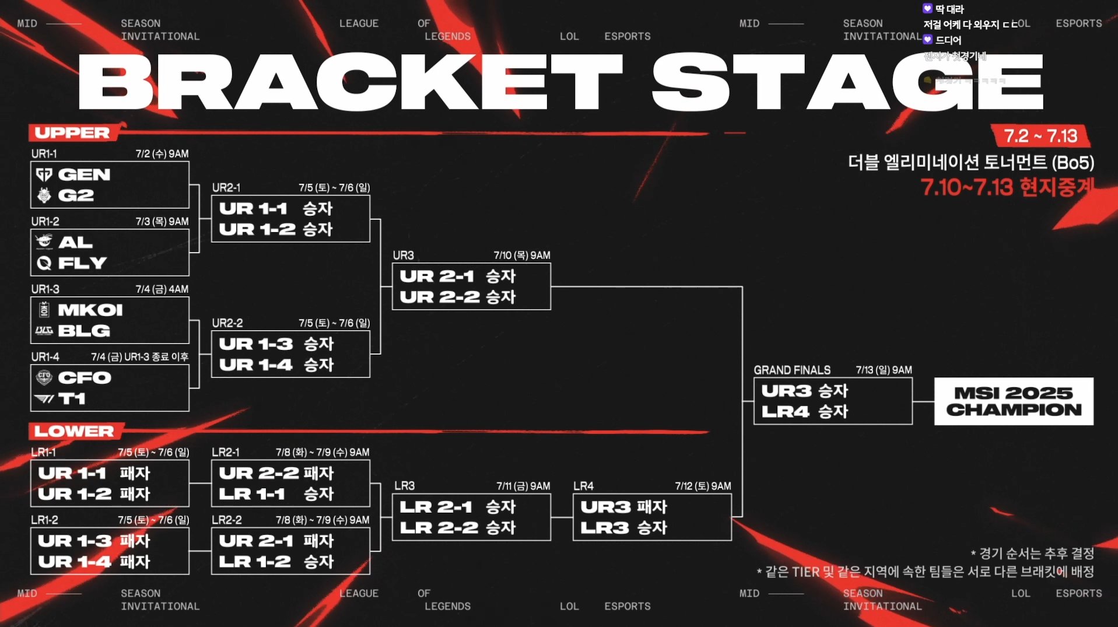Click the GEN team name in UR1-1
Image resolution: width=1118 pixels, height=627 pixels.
coord(84,174)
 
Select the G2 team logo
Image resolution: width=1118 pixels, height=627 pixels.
coord(44,195)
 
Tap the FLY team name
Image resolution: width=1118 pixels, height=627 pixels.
coord(82,263)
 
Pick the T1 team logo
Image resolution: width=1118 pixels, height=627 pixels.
coord(44,399)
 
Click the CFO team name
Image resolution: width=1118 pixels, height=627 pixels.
coord(84,378)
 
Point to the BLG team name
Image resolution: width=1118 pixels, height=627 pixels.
coord(84,331)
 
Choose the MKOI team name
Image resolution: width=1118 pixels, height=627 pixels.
coord(90,310)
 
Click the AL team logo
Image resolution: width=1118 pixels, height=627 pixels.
coord(44,242)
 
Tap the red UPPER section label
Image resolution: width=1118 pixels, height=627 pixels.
coord(72,132)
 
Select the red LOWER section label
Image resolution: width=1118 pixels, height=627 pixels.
coord(74,431)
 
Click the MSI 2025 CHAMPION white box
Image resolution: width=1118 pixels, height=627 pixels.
coord(1014,401)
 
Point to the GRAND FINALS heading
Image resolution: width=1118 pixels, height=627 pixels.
coord(792,370)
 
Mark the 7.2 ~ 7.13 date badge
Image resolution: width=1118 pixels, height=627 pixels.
coord(1040,136)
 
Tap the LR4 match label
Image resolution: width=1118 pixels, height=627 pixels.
coord(583,486)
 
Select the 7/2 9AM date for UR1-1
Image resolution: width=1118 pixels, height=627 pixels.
coord(162,154)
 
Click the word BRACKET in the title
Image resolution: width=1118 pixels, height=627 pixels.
coord(350,82)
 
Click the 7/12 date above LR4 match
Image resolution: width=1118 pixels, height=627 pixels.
coord(703,486)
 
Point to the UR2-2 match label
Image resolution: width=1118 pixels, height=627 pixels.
coord(227,323)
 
